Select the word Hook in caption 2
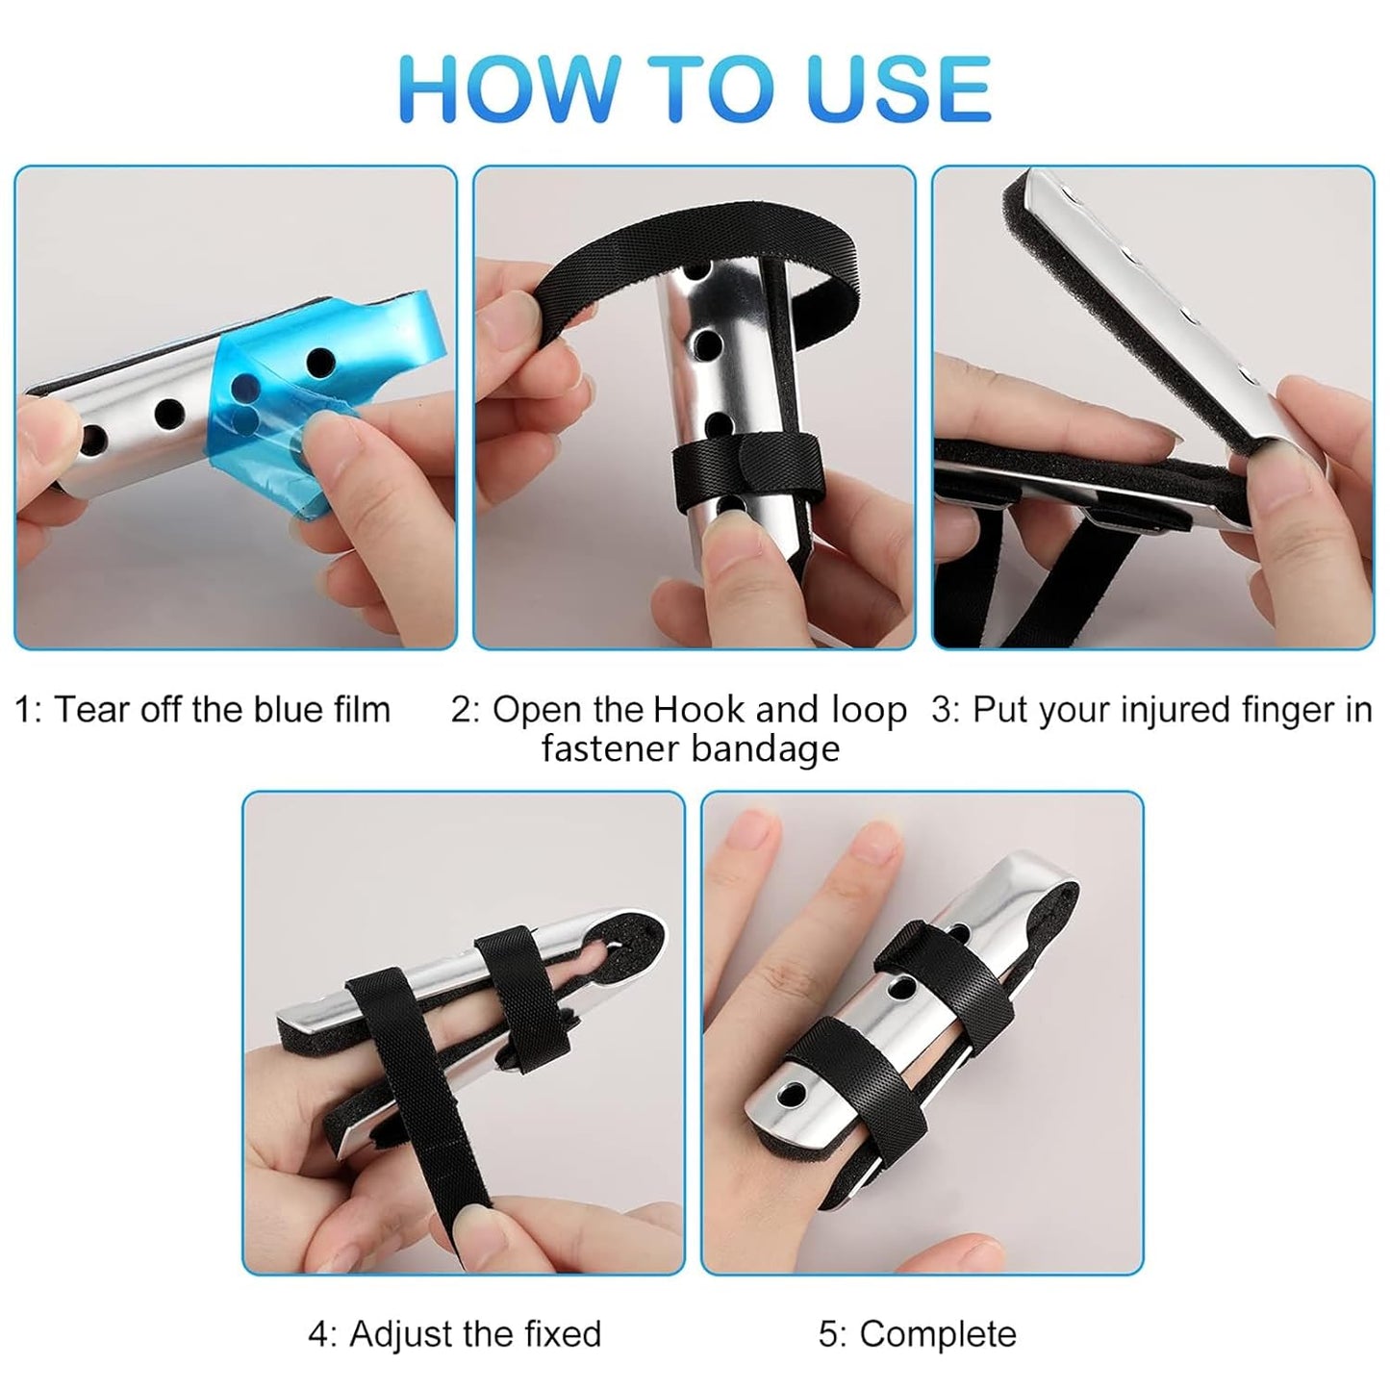tap(698, 710)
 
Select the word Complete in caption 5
tap(937, 1334)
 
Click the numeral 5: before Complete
tap(833, 1334)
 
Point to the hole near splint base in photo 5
tap(792, 1095)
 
